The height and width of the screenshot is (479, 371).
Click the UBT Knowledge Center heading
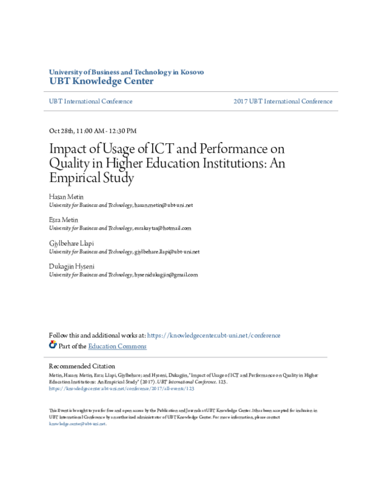(x=101, y=81)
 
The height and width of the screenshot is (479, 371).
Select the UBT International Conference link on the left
(x=90, y=101)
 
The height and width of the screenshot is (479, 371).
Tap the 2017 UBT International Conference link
(x=283, y=101)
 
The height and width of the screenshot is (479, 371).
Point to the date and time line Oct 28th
(x=93, y=131)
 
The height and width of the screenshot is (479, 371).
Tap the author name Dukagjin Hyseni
(x=72, y=266)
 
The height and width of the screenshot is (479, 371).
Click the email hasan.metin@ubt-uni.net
(x=164, y=205)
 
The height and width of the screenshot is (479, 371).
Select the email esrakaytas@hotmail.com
(x=163, y=228)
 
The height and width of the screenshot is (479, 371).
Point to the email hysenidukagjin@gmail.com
(x=166, y=275)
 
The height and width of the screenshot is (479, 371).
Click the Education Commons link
(x=117, y=346)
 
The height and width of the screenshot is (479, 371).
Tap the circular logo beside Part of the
(x=53, y=345)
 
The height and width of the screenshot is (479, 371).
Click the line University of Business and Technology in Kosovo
(x=126, y=72)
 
